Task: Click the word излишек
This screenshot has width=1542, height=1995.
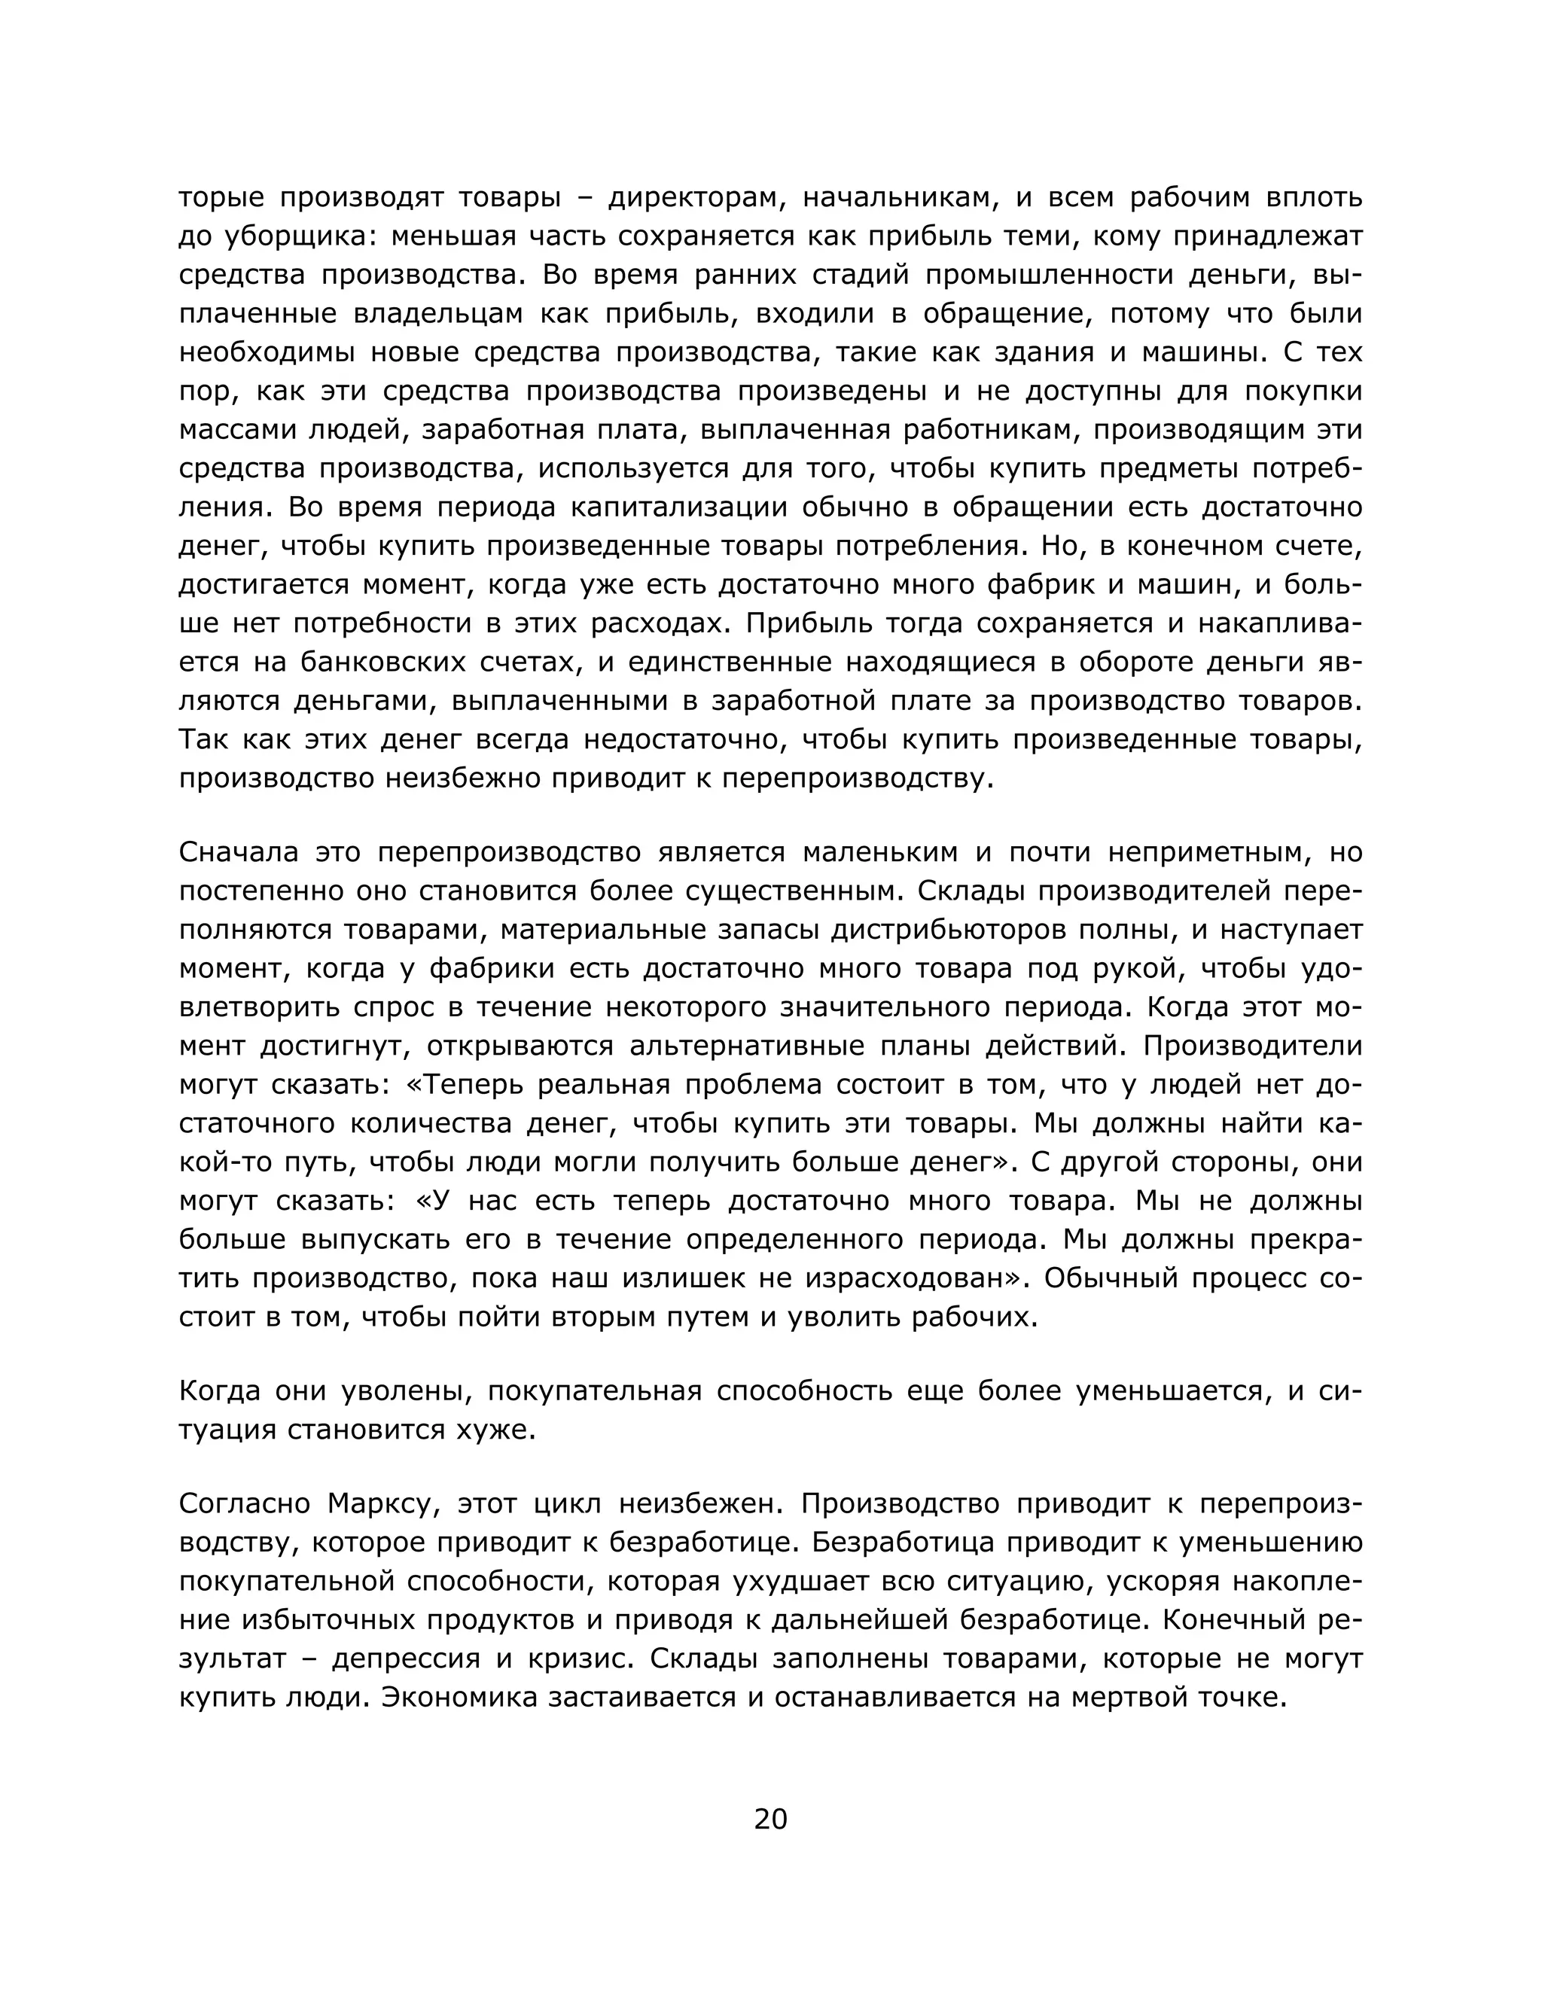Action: click(x=682, y=1279)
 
